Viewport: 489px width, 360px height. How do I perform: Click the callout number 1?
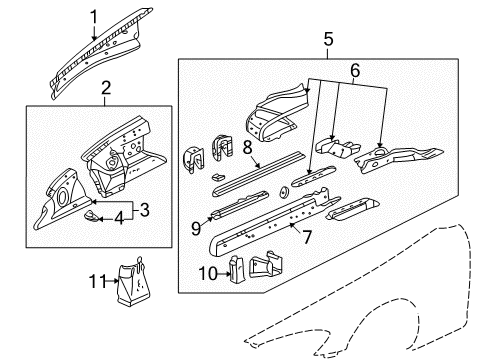click(x=94, y=15)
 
